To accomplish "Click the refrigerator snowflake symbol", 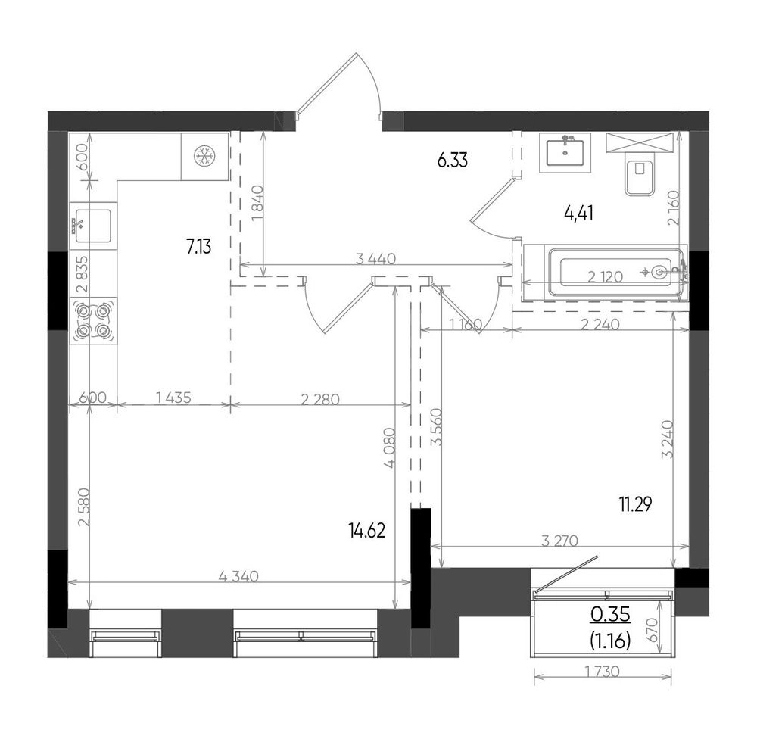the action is coord(204,156).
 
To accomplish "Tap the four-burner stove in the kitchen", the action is coord(94,320).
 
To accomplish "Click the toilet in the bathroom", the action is coord(640,174).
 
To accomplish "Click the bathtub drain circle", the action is coord(660,273).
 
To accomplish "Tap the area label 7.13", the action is coord(199,247).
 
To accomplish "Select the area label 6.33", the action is coord(453,160).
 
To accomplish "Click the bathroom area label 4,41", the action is coord(579,213).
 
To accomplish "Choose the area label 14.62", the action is coord(367,531).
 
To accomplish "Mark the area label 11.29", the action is coord(636,505).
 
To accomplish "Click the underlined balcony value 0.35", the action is coord(610,615).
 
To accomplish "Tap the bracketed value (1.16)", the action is coord(610,641).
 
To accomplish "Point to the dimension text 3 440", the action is coord(375,259).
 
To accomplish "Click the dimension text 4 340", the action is coord(239,576).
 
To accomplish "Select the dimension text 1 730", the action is coord(602,672).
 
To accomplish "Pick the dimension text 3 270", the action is coord(559,541).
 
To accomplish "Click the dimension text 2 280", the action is coord(320,399).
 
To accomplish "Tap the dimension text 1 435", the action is coord(174,397).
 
